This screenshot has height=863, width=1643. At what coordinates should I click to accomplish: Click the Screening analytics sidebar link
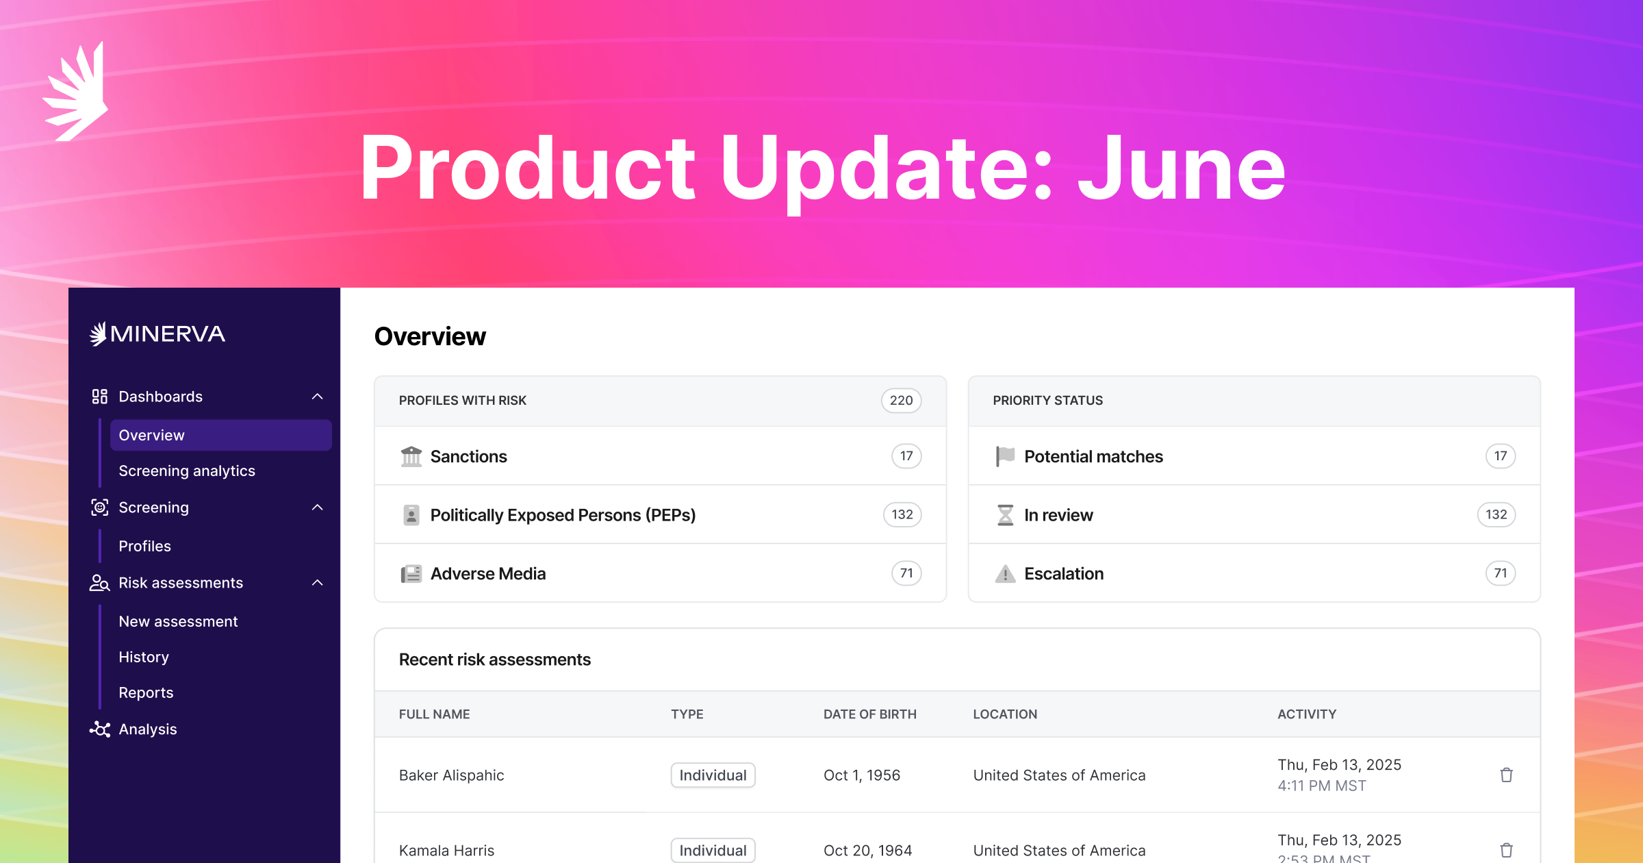point(187,471)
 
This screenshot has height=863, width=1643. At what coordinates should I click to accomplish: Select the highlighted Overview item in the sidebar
point(220,435)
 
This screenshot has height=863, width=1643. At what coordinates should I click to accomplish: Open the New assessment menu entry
point(178,621)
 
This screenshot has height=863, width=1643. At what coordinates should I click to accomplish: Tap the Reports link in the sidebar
point(146,692)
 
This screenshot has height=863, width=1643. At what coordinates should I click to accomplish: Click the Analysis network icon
point(100,729)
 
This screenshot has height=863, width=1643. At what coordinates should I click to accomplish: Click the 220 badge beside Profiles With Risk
point(901,401)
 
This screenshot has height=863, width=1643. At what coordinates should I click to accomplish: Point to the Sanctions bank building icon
point(411,456)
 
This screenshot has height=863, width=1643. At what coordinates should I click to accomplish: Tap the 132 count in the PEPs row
point(902,514)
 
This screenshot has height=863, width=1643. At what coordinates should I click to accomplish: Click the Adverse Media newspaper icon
point(411,573)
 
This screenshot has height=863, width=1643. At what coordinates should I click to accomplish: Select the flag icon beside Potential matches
point(1005,456)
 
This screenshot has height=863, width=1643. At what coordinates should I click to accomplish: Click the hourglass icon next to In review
point(1005,514)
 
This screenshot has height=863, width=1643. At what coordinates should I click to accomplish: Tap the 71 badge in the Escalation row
point(1501,573)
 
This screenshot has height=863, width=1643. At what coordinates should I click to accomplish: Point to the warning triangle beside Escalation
point(1005,574)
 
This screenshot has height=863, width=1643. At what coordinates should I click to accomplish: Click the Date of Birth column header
point(869,714)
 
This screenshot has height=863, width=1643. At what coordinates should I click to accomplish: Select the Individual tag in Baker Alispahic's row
point(713,775)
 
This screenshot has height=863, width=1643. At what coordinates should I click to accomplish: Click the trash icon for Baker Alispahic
point(1506,775)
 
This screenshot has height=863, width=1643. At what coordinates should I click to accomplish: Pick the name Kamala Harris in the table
point(446,851)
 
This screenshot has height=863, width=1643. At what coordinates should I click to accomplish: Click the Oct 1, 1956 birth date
point(861,775)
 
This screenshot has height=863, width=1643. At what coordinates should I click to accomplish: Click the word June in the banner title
point(1182,168)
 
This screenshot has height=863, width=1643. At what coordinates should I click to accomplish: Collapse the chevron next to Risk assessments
point(317,583)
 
